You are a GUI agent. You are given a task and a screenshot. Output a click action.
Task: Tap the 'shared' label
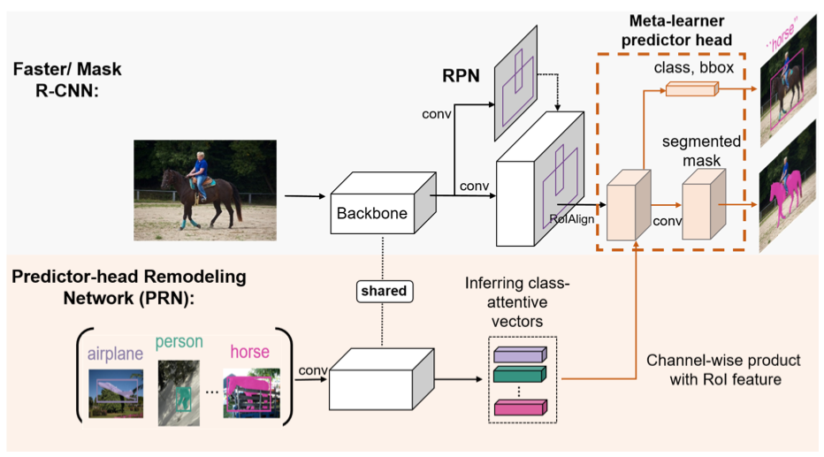381,291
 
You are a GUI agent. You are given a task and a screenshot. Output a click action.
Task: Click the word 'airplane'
114,354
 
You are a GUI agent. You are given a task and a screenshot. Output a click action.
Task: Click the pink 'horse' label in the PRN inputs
249,352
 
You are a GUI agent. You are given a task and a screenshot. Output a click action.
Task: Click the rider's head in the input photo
200,158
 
